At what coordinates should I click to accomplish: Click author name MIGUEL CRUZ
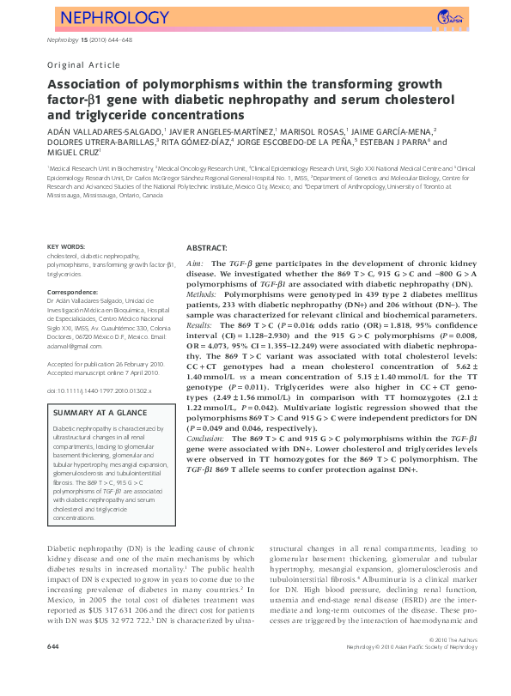[x=72, y=154]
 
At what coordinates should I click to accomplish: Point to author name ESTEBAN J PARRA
[x=402, y=142]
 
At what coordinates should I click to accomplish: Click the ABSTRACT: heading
[x=207, y=246]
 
